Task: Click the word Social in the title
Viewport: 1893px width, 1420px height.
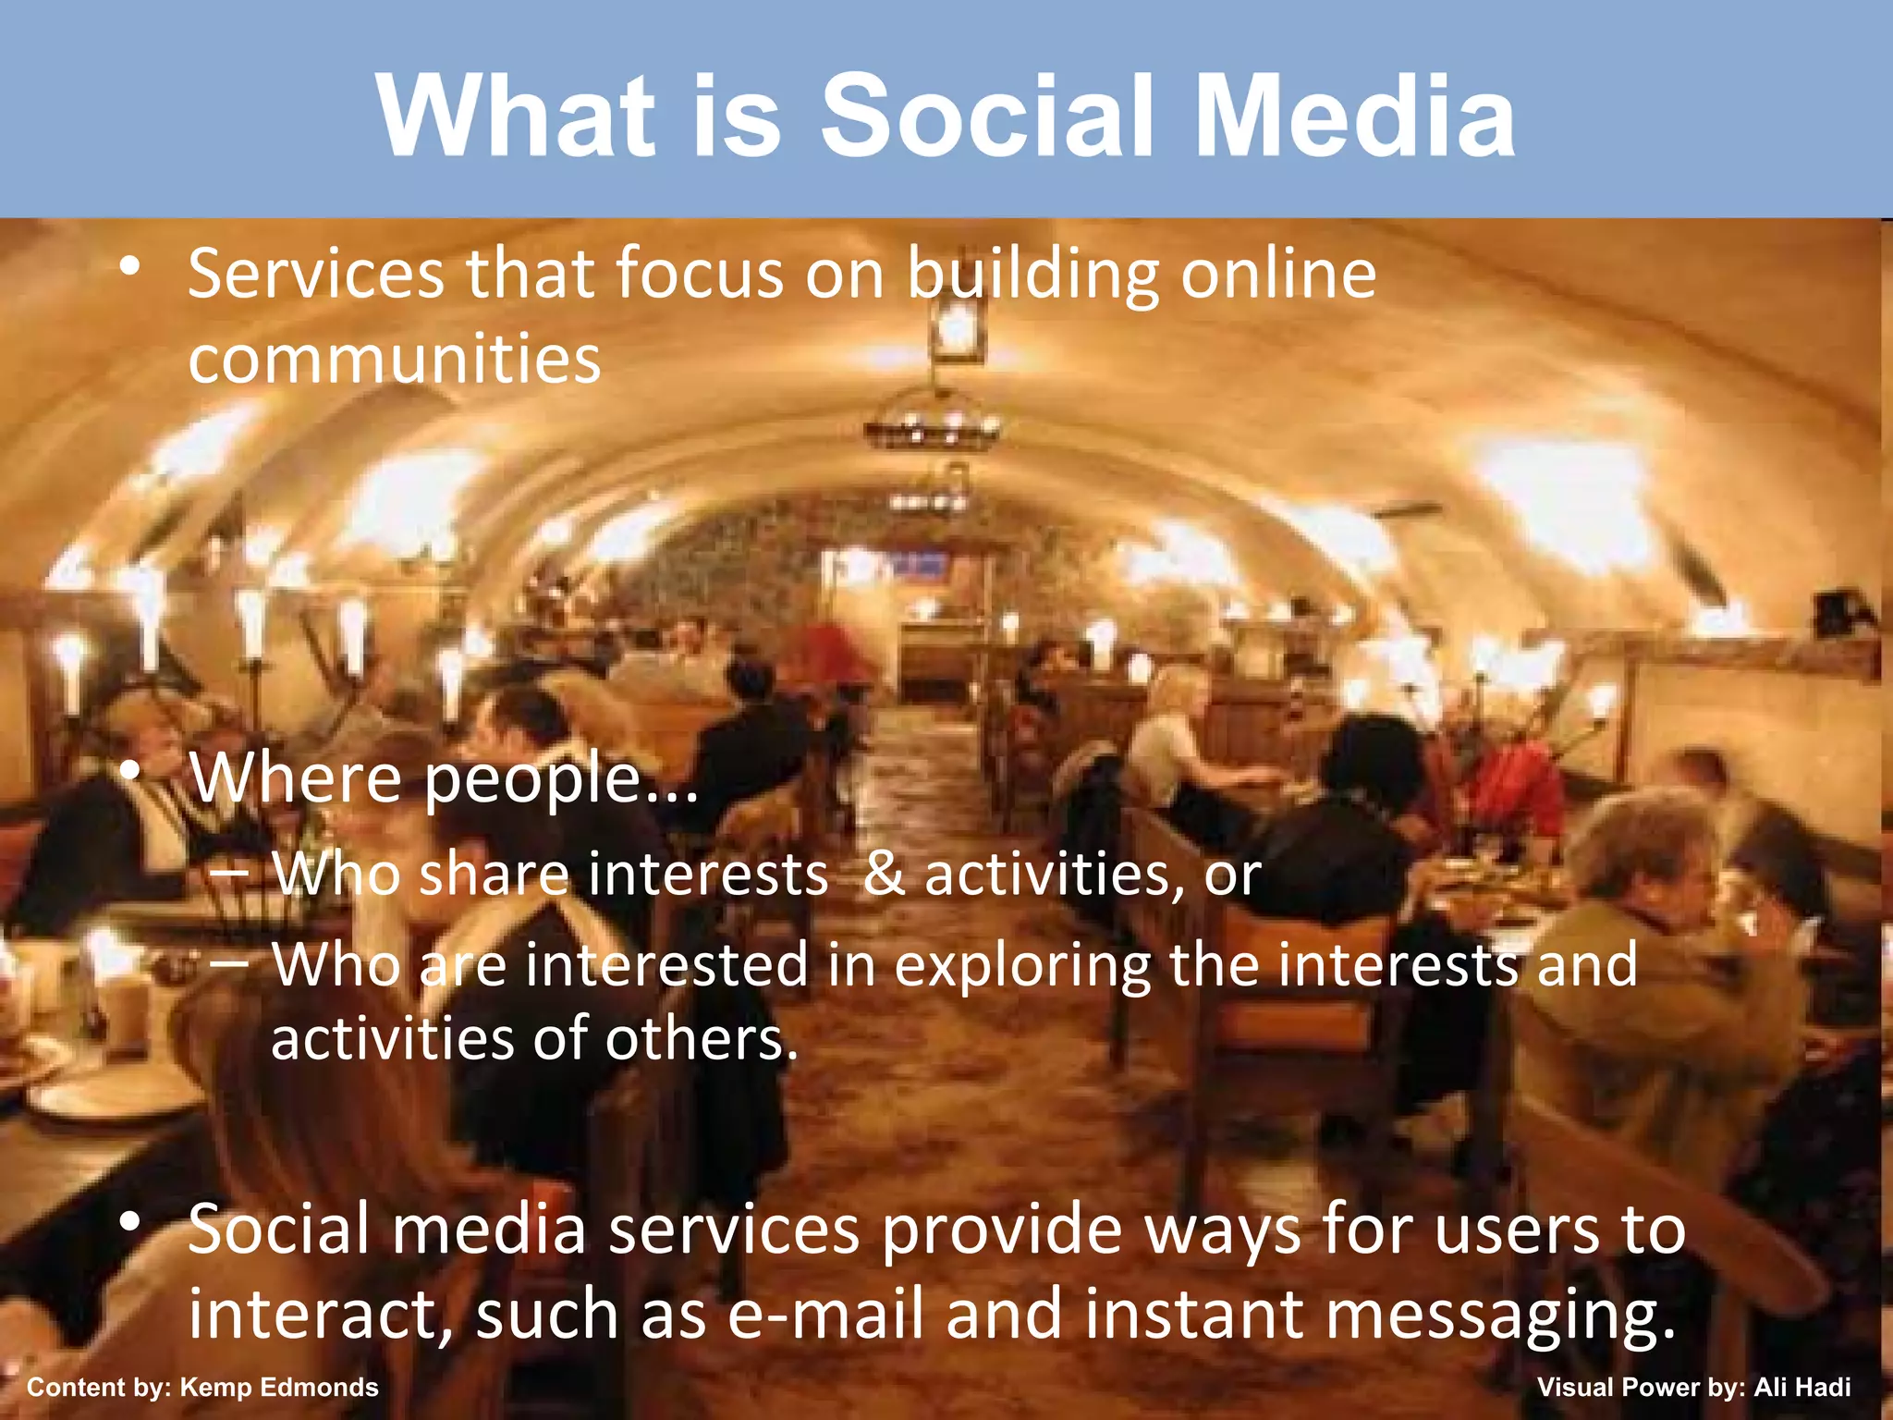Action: pos(987,116)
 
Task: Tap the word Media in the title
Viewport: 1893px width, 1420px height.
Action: pos(1354,116)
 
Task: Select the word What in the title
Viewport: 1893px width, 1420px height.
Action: pos(517,116)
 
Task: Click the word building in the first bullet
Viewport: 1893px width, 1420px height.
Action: pos(1032,275)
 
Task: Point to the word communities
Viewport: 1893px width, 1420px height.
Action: pos(395,359)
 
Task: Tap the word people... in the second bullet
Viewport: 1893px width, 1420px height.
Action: pos(560,780)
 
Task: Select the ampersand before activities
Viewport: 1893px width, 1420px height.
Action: pos(884,874)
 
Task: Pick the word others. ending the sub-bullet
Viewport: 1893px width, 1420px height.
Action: pos(702,1039)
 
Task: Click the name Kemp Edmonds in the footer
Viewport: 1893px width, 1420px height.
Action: pos(279,1388)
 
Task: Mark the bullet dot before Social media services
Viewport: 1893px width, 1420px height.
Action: pos(130,1223)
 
